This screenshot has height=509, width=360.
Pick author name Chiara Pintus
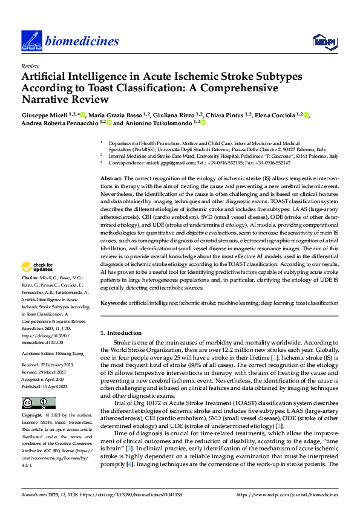click(223, 114)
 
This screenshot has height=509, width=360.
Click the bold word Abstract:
click(111, 179)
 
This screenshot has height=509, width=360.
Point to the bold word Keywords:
click(113, 302)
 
